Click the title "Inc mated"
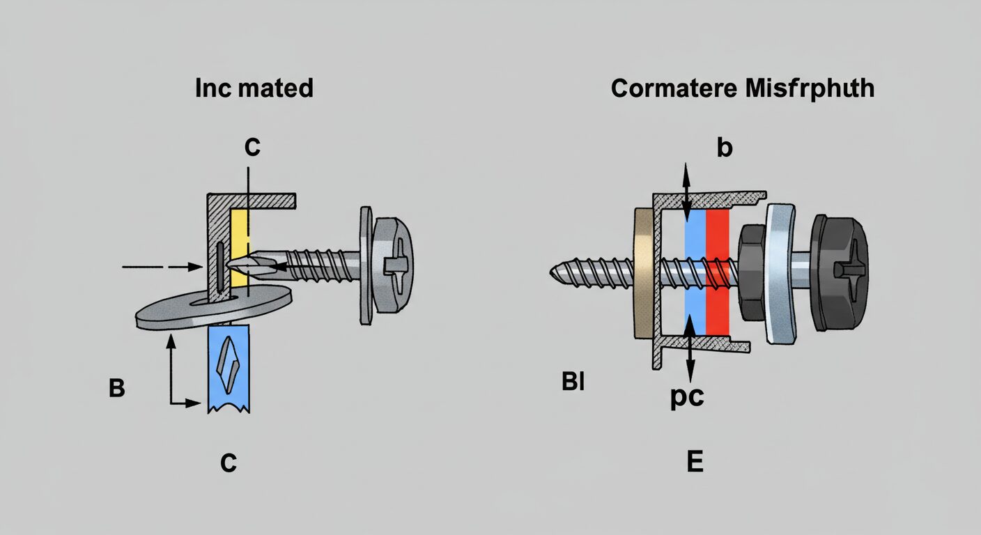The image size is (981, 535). (254, 88)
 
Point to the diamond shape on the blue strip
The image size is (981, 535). (229, 368)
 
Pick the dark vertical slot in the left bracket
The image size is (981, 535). (219, 268)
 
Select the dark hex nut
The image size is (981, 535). (751, 272)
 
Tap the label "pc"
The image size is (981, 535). (686, 398)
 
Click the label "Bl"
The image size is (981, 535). (572, 382)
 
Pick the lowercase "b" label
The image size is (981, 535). (725, 148)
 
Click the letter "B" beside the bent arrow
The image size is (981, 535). (117, 388)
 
